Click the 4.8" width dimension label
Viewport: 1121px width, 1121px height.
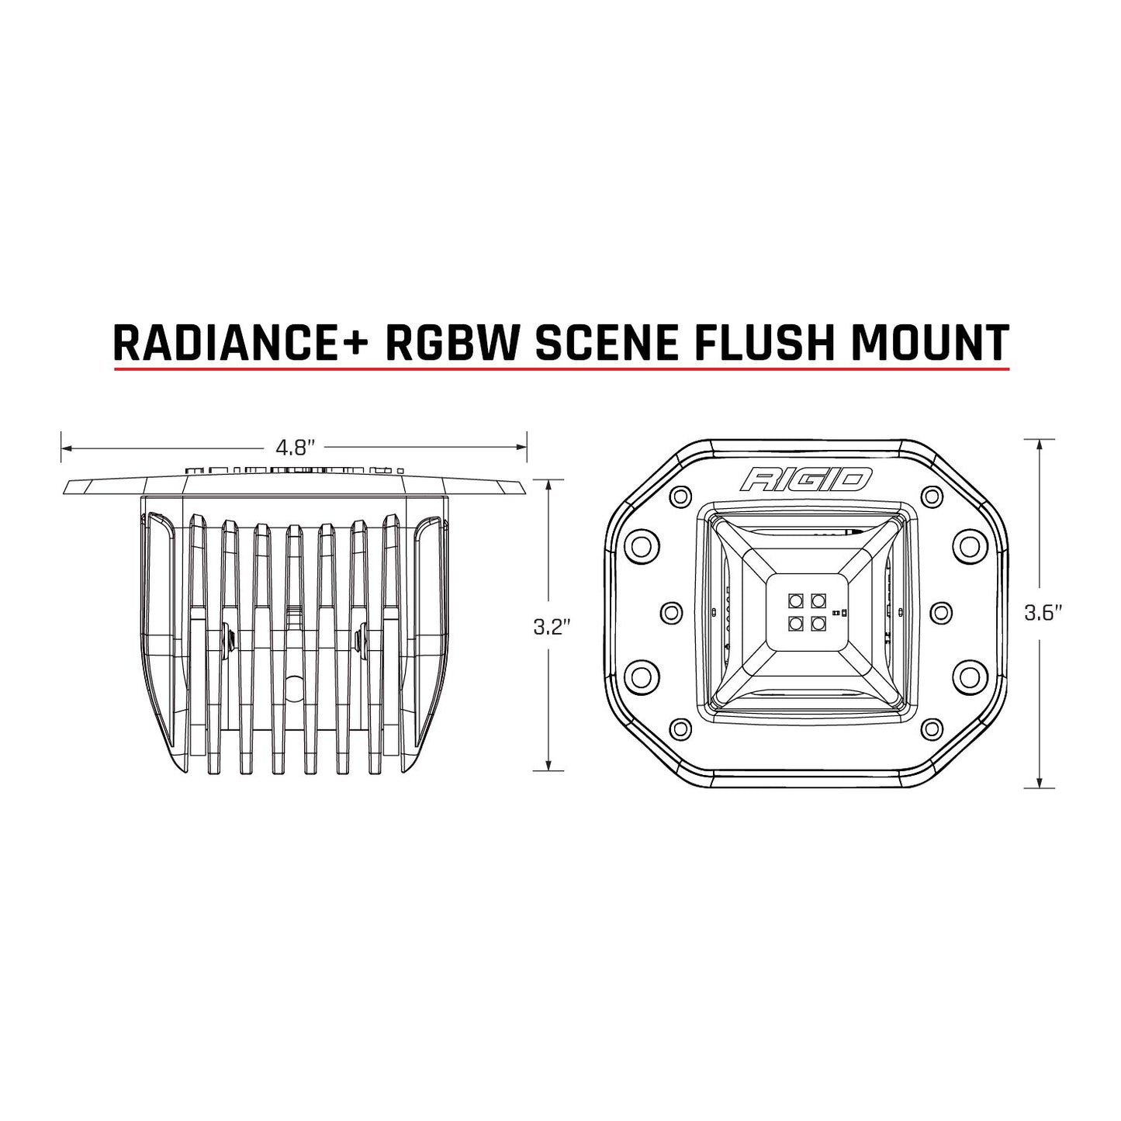(x=294, y=448)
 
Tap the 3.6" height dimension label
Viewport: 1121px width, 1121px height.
(x=1042, y=614)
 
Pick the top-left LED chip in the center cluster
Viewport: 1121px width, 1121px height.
(x=796, y=600)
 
